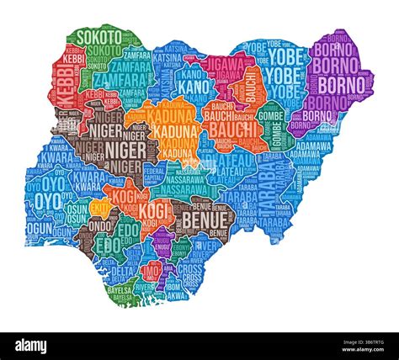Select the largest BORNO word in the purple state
(x=343, y=85)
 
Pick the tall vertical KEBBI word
(x=66, y=88)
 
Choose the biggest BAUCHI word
(x=231, y=129)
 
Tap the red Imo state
(x=152, y=271)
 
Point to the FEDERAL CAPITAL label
(x=155, y=173)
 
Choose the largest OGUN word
(x=39, y=227)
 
